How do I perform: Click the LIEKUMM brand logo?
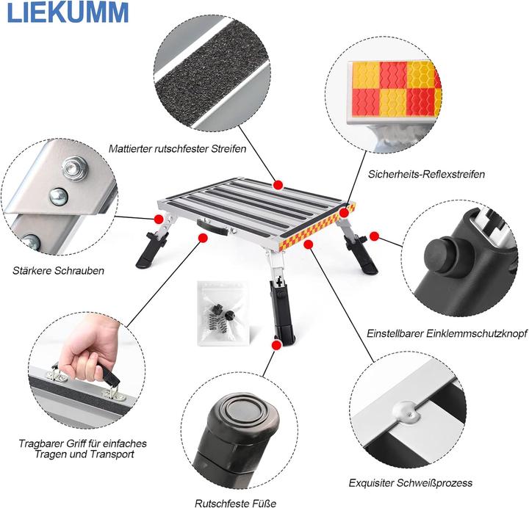65,12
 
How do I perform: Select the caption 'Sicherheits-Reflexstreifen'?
426,174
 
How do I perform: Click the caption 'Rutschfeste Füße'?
235,503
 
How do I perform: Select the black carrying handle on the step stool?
212,229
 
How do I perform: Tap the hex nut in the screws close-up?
73,165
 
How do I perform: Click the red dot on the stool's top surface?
278,184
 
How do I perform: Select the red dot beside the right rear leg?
374,236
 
